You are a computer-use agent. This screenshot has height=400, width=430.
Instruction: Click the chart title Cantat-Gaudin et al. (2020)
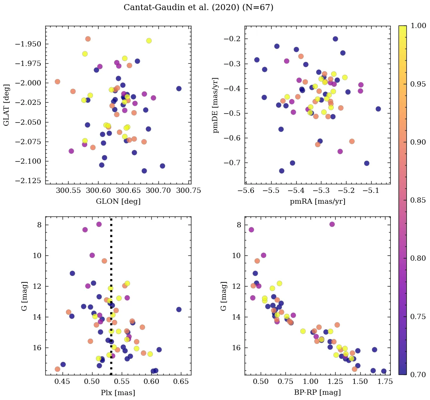pyautogui.click(x=198, y=7)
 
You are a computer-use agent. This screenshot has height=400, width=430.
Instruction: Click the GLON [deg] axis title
pyautogui.click(x=118, y=201)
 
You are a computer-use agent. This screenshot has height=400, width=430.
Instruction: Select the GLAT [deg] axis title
pyautogui.click(x=6, y=105)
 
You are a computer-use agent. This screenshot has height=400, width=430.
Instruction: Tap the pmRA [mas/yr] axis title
pyautogui.click(x=318, y=201)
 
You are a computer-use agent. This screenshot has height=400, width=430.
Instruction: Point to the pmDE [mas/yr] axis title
pyautogui.click(x=216, y=105)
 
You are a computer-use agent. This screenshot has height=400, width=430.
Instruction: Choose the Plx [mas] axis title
pyautogui.click(x=118, y=393)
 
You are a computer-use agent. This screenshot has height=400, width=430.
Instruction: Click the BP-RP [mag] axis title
pyautogui.click(x=318, y=393)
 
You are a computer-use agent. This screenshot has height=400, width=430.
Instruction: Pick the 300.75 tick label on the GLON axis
pyautogui.click(x=189, y=191)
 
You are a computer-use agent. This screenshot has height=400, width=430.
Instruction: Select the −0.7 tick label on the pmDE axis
pyautogui.click(x=232, y=163)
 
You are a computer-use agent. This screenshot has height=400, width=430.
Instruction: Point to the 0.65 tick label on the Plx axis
pyautogui.click(x=182, y=382)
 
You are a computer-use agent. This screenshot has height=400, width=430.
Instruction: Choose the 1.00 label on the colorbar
pyautogui.click(x=418, y=26)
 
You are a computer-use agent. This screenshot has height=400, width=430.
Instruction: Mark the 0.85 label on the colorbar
pyautogui.click(x=418, y=200)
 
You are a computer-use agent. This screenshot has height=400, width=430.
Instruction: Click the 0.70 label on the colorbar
pyautogui.click(x=418, y=374)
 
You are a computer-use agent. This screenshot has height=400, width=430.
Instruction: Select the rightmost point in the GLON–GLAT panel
pyautogui.click(x=179, y=88)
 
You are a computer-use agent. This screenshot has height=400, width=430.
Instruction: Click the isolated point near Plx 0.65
pyautogui.click(x=179, y=309)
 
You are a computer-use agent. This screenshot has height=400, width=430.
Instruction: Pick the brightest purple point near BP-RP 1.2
pyautogui.click(x=332, y=224)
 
